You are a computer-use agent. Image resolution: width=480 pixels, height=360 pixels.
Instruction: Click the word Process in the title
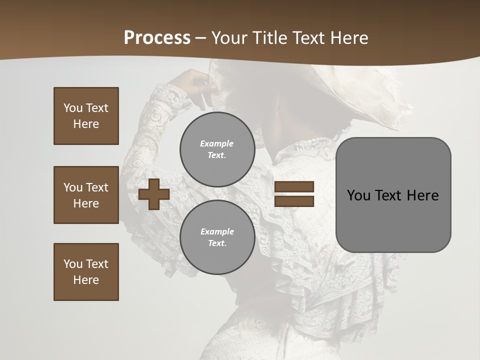(157, 38)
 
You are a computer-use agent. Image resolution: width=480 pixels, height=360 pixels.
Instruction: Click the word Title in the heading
(269, 38)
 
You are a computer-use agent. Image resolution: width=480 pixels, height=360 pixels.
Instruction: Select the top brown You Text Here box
(86, 116)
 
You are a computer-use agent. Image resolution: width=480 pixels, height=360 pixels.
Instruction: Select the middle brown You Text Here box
(86, 195)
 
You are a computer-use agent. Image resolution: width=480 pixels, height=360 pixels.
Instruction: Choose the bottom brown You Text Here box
(86, 272)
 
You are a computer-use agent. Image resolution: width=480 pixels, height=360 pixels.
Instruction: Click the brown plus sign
(154, 194)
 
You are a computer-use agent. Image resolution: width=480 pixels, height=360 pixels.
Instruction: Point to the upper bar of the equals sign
(294, 187)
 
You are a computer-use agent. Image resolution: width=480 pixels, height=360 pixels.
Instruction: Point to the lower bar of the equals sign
(294, 201)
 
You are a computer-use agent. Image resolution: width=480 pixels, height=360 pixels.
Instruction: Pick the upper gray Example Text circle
(217, 149)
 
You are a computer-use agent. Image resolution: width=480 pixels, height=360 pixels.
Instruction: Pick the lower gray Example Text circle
(217, 237)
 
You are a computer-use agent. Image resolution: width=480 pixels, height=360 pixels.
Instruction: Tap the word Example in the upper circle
(216, 143)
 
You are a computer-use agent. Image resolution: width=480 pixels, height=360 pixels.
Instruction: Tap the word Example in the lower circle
(217, 231)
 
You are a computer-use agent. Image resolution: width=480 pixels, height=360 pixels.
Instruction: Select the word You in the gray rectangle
(358, 195)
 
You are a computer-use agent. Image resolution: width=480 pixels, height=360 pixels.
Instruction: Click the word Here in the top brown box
(86, 124)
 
